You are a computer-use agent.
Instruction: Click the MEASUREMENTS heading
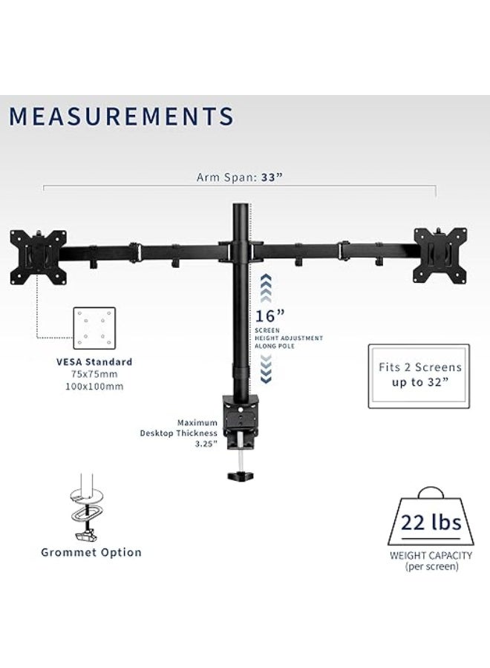pyautogui.click(x=121, y=117)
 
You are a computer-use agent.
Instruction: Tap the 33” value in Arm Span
pyautogui.click(x=271, y=177)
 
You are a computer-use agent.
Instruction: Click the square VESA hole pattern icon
pyautogui.click(x=94, y=328)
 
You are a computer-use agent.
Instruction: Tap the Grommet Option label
pyautogui.click(x=92, y=552)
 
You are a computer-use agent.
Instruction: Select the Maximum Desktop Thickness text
pyautogui.click(x=182, y=433)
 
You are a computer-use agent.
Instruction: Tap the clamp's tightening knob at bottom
pyautogui.click(x=242, y=472)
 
